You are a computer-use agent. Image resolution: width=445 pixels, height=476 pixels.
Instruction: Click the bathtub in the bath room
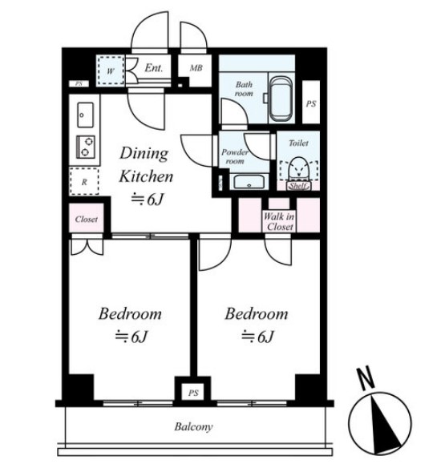(281, 99)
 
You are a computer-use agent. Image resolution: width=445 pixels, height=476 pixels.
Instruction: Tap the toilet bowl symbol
(298, 167)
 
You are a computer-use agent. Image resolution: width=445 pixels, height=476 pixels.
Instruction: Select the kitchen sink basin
(85, 115)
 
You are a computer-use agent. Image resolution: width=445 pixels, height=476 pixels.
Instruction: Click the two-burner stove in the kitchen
(86, 147)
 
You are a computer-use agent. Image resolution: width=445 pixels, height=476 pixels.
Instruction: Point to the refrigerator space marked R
(84, 181)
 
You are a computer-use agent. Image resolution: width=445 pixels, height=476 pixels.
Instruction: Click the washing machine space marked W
(111, 71)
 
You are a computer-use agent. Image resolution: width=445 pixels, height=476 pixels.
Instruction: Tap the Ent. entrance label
(153, 67)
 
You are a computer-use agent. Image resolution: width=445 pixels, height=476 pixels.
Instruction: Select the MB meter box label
(196, 68)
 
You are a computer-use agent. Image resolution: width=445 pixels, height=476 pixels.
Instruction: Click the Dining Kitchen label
(145, 164)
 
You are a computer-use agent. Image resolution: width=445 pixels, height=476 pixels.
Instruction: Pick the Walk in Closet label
(279, 222)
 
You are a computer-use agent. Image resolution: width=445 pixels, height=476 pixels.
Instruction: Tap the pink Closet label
(87, 220)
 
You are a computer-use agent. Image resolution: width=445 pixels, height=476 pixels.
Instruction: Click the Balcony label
(193, 427)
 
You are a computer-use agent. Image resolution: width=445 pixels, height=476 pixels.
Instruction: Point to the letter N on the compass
(366, 377)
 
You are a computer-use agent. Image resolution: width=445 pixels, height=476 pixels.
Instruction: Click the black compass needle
(382, 425)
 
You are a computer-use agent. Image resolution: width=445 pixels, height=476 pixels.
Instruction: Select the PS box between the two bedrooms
(193, 393)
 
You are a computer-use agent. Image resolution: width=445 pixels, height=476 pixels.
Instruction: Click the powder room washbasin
(249, 182)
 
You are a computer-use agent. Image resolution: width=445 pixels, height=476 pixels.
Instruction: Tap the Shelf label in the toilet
(298, 186)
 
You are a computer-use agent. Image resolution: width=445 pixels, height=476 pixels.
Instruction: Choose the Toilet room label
(298, 143)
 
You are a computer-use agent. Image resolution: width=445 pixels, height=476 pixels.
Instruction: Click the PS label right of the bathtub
(311, 104)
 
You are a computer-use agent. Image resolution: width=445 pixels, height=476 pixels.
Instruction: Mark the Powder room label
(234, 156)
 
